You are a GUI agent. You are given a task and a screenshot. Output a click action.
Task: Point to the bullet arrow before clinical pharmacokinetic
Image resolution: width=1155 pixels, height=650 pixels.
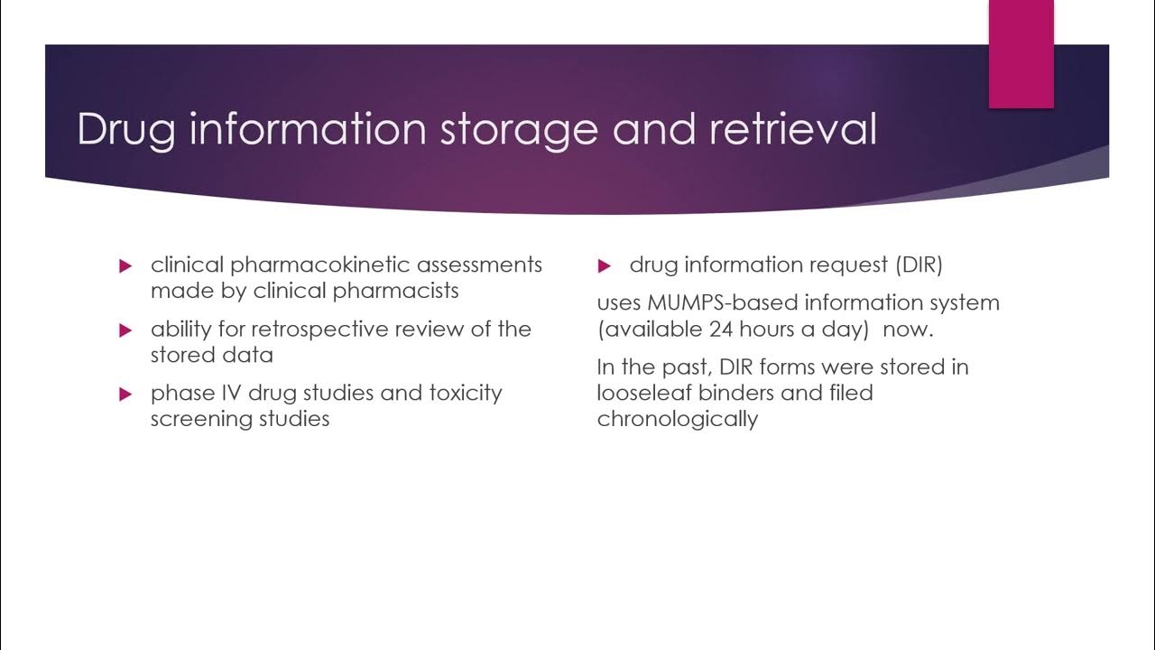pyautogui.click(x=125, y=266)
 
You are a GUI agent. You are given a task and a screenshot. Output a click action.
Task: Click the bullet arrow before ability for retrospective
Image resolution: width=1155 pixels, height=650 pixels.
pyautogui.click(x=125, y=330)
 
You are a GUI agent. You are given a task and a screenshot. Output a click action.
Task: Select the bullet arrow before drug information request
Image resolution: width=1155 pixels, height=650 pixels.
pyautogui.click(x=605, y=266)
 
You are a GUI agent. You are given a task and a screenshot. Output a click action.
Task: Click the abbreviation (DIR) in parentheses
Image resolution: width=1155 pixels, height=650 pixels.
pyautogui.click(x=919, y=265)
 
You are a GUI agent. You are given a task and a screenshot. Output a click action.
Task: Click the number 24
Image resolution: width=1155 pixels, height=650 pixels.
pyautogui.click(x=722, y=330)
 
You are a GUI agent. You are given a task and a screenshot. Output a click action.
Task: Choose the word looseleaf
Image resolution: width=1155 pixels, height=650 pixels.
pyautogui.click(x=643, y=394)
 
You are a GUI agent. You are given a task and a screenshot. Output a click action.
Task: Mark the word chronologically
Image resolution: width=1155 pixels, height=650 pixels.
pyautogui.click(x=677, y=420)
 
